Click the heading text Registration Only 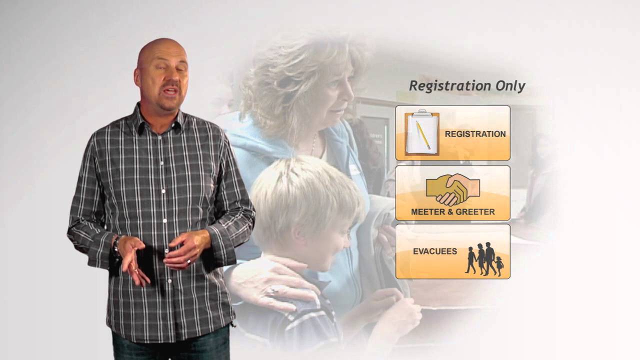tap(467, 86)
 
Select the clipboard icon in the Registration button tap(421, 133)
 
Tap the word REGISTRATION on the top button tap(475, 134)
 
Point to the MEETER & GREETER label tap(452, 212)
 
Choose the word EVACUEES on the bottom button tap(434, 251)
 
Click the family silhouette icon tap(484, 259)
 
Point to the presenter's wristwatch tap(116, 245)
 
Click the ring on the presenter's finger tap(188, 261)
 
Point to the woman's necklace tap(313, 145)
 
